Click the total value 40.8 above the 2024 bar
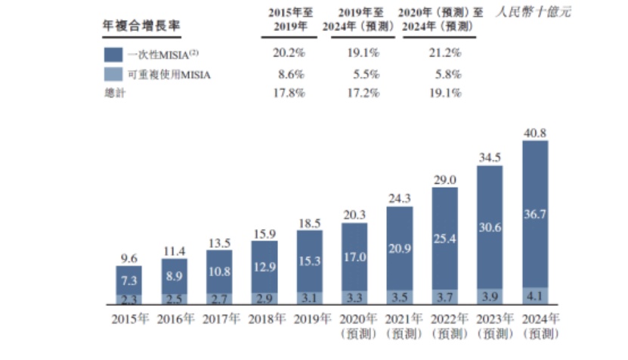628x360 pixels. [535, 133]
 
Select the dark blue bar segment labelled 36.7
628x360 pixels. [535, 214]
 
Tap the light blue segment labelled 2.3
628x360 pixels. [128, 299]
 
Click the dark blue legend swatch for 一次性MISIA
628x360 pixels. [113, 54]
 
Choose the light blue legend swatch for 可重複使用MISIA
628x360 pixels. [113, 74]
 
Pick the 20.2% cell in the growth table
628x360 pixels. [288, 53]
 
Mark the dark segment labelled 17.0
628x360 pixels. [354, 256]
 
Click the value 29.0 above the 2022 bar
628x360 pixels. [444, 182]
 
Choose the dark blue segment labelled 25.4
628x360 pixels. [444, 239]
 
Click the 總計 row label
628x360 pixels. [113, 93]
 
